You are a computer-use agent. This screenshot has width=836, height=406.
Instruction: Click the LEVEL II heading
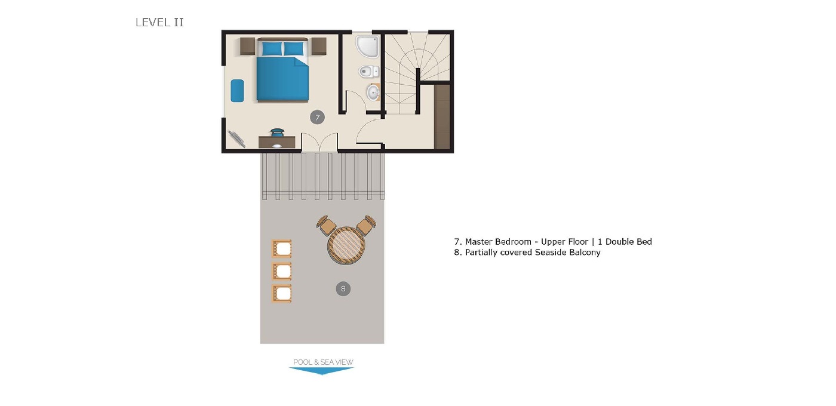coord(159,23)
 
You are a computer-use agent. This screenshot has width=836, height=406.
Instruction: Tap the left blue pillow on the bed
coord(272,48)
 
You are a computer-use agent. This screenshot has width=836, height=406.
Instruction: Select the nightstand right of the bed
coord(318,46)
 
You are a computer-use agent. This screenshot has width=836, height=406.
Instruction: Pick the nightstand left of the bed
coord(248,46)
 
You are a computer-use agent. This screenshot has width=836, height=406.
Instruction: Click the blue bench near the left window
coord(237,91)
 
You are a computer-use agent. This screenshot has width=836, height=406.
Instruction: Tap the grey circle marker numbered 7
coord(317,117)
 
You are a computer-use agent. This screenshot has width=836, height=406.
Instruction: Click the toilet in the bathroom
coord(368,72)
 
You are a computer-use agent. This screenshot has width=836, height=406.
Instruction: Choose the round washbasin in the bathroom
coord(373,92)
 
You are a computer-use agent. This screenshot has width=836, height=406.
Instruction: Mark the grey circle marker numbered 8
coord(343,289)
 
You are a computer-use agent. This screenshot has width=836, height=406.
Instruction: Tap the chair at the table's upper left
coord(327,225)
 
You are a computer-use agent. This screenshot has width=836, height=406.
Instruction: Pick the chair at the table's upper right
coord(365,225)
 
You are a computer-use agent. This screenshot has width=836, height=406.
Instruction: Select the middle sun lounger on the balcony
coord(282,271)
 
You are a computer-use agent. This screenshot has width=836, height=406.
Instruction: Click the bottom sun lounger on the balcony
coord(282,293)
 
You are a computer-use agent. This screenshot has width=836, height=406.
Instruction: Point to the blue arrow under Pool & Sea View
coord(321,371)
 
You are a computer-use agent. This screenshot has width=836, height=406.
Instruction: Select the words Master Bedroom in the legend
coord(498,242)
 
